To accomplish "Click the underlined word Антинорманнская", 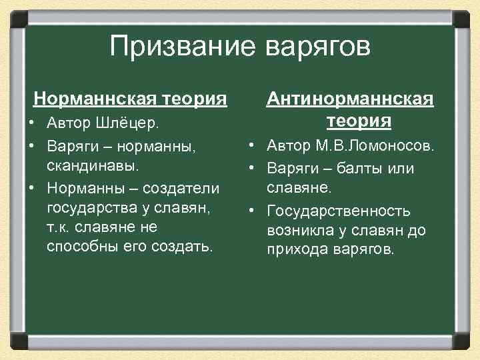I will (350, 99).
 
